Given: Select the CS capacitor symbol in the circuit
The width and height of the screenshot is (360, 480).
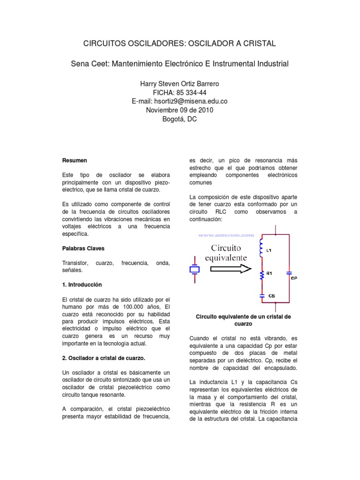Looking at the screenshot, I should tap(262, 296).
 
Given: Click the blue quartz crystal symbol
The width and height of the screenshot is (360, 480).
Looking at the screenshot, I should tap(194, 270).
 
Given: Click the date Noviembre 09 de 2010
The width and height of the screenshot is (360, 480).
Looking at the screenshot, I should tap(180, 110).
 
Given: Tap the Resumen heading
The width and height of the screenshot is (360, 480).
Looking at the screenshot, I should tap(75, 161).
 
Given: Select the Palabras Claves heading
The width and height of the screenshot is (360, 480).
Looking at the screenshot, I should tap(83, 248).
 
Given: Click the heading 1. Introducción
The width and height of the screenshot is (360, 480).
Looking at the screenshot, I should tap(82, 285).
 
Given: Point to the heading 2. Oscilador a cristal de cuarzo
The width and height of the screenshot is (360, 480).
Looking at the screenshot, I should tap(104, 358).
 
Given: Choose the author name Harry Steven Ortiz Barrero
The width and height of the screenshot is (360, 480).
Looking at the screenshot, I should tap(180, 83).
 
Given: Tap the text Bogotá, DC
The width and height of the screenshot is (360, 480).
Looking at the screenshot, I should tap(180, 119).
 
